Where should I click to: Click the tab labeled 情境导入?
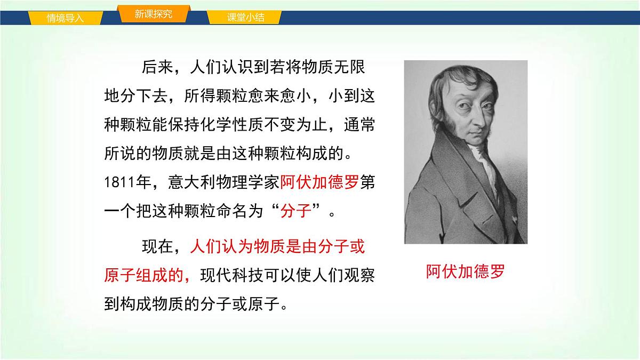(x=65, y=18)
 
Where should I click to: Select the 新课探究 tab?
(x=153, y=14)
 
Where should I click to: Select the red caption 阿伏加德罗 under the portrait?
(x=465, y=272)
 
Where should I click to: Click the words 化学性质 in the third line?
(x=255, y=125)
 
